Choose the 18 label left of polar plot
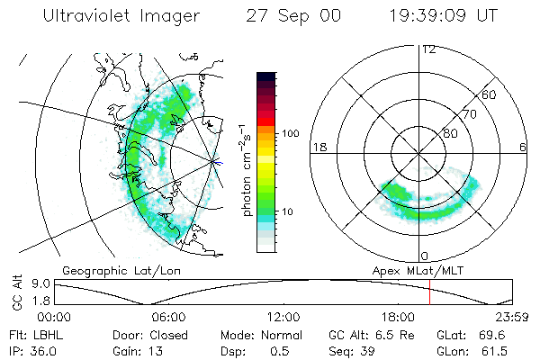click(319, 146)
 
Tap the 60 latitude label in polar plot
click(490, 94)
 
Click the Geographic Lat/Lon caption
click(117, 269)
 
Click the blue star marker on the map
click(214, 162)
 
